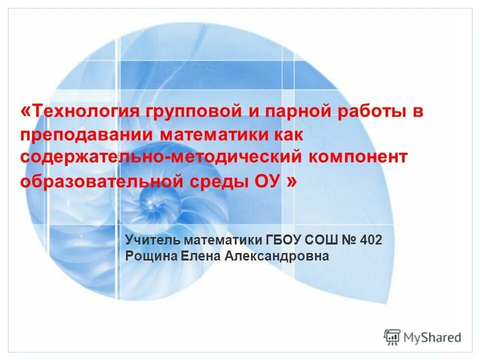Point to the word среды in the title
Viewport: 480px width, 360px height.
217,181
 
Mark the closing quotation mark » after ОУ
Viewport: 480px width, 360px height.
291,181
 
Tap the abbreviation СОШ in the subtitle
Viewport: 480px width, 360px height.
324,240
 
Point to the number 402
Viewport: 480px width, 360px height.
371,240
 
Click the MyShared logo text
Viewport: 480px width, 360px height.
432,337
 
